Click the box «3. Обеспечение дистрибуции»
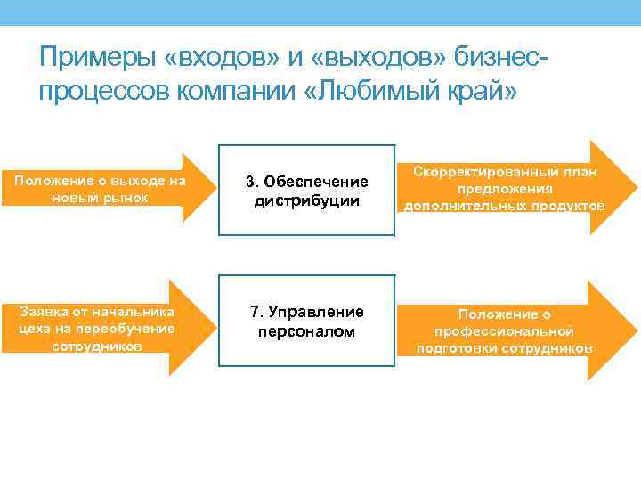(x=306, y=190)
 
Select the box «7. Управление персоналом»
(x=306, y=322)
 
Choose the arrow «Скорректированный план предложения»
(x=516, y=189)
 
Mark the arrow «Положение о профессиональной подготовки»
(x=516, y=330)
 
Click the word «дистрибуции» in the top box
(x=306, y=200)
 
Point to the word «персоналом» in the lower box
(x=307, y=331)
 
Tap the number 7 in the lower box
(x=254, y=312)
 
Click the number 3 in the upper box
(x=251, y=182)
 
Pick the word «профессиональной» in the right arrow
(x=504, y=331)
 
